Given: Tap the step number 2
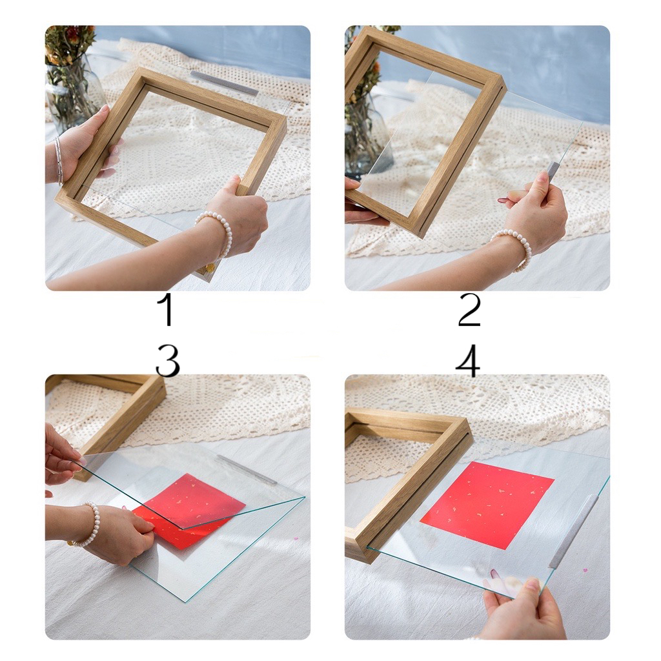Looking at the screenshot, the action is pos(469,310).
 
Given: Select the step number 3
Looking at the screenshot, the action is pos(167,361).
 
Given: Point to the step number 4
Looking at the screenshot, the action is pos(468,361).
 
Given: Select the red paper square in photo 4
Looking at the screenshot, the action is pos(487,505).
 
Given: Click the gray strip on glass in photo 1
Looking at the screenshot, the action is pos(224,83).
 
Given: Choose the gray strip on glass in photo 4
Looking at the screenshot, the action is pos(574,531).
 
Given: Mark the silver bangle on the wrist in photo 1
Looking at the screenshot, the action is pos(59,160).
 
